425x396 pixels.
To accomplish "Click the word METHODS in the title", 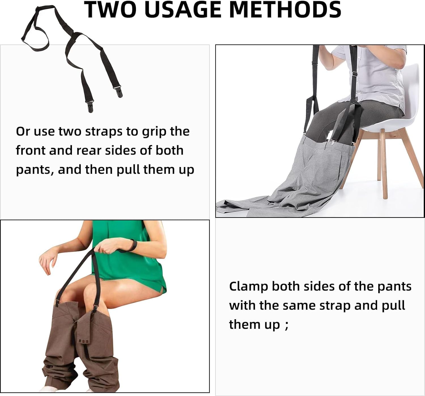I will [x=285, y=9].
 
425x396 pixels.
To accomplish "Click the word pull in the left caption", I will [x=129, y=170].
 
